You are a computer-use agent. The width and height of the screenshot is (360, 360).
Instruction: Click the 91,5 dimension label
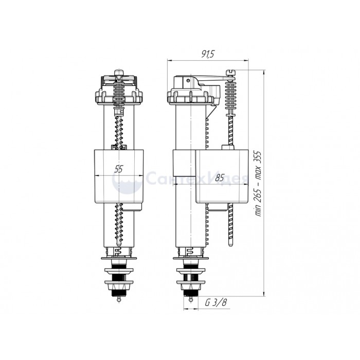point(208,54)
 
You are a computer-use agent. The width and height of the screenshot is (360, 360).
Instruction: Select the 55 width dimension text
point(119,169)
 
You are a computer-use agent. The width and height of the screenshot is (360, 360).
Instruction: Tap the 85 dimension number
point(220,178)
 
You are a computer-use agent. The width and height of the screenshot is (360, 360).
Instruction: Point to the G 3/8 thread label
point(216,302)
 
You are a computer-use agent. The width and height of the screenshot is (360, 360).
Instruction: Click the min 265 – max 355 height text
point(259,184)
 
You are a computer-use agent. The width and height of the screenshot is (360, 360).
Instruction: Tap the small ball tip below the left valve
point(119,299)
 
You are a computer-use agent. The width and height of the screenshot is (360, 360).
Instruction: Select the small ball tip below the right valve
point(191,299)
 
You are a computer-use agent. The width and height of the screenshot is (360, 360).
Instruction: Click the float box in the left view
point(119,176)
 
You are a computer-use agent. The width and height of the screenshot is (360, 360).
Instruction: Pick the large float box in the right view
point(222,176)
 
